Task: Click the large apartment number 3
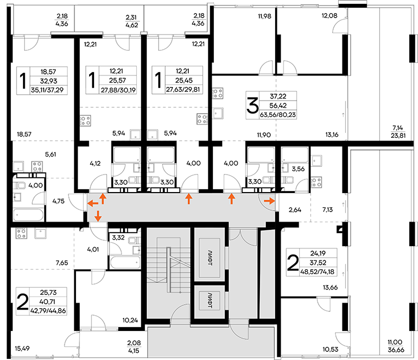(x=252, y=106)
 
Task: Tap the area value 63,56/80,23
(x=278, y=115)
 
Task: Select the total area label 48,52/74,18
(x=317, y=272)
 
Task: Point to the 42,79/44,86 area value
(x=48, y=311)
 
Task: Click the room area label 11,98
(x=264, y=16)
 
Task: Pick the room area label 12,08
(x=329, y=15)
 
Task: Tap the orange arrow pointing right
(x=270, y=201)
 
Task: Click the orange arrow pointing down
(x=98, y=216)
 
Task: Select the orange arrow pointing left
(x=93, y=204)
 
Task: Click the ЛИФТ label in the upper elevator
(x=210, y=258)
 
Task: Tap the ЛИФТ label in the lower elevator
(x=210, y=301)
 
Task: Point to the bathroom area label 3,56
(x=298, y=169)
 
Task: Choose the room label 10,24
(x=130, y=320)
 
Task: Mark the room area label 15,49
(x=22, y=349)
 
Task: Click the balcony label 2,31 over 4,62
(x=132, y=21)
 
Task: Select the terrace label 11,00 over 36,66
(x=396, y=346)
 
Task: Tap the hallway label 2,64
(x=295, y=210)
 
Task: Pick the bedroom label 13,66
(x=330, y=287)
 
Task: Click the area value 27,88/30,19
(x=118, y=90)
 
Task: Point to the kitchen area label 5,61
(x=50, y=154)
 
